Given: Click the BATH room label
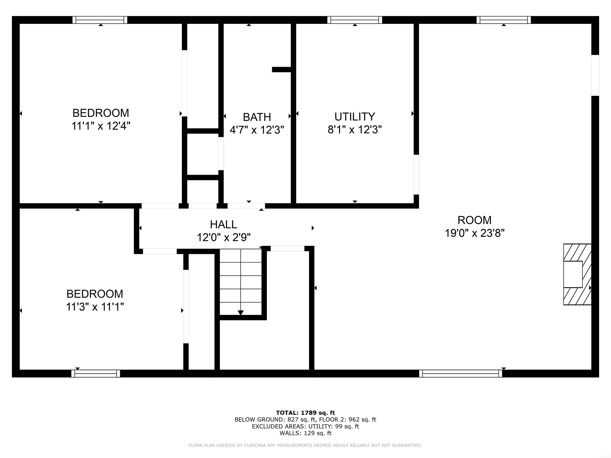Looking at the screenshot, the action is (257, 117).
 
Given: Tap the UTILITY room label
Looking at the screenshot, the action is (355, 116).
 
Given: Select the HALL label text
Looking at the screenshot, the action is (224, 224).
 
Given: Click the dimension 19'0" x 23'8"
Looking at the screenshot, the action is (475, 233).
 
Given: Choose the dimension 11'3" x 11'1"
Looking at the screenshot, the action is (95, 307).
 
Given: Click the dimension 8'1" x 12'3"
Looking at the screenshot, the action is (355, 129).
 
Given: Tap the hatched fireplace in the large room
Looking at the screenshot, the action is (577, 274).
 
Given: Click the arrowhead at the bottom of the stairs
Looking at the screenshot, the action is (241, 313).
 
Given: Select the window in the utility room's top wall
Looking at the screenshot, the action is (355, 20).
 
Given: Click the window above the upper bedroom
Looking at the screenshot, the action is (100, 20).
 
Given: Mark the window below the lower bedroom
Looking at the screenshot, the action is (96, 374).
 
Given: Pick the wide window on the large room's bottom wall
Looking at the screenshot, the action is (460, 374).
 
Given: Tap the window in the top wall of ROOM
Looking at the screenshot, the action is (504, 20).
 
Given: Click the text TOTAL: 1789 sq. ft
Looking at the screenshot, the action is (305, 413).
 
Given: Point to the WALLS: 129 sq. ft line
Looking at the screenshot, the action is (305, 433).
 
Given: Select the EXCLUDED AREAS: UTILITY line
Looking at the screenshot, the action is (305, 426).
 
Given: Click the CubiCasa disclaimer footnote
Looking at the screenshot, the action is (305, 445).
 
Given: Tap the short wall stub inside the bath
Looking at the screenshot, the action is (282, 70).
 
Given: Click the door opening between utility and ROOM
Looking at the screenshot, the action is (416, 175).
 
